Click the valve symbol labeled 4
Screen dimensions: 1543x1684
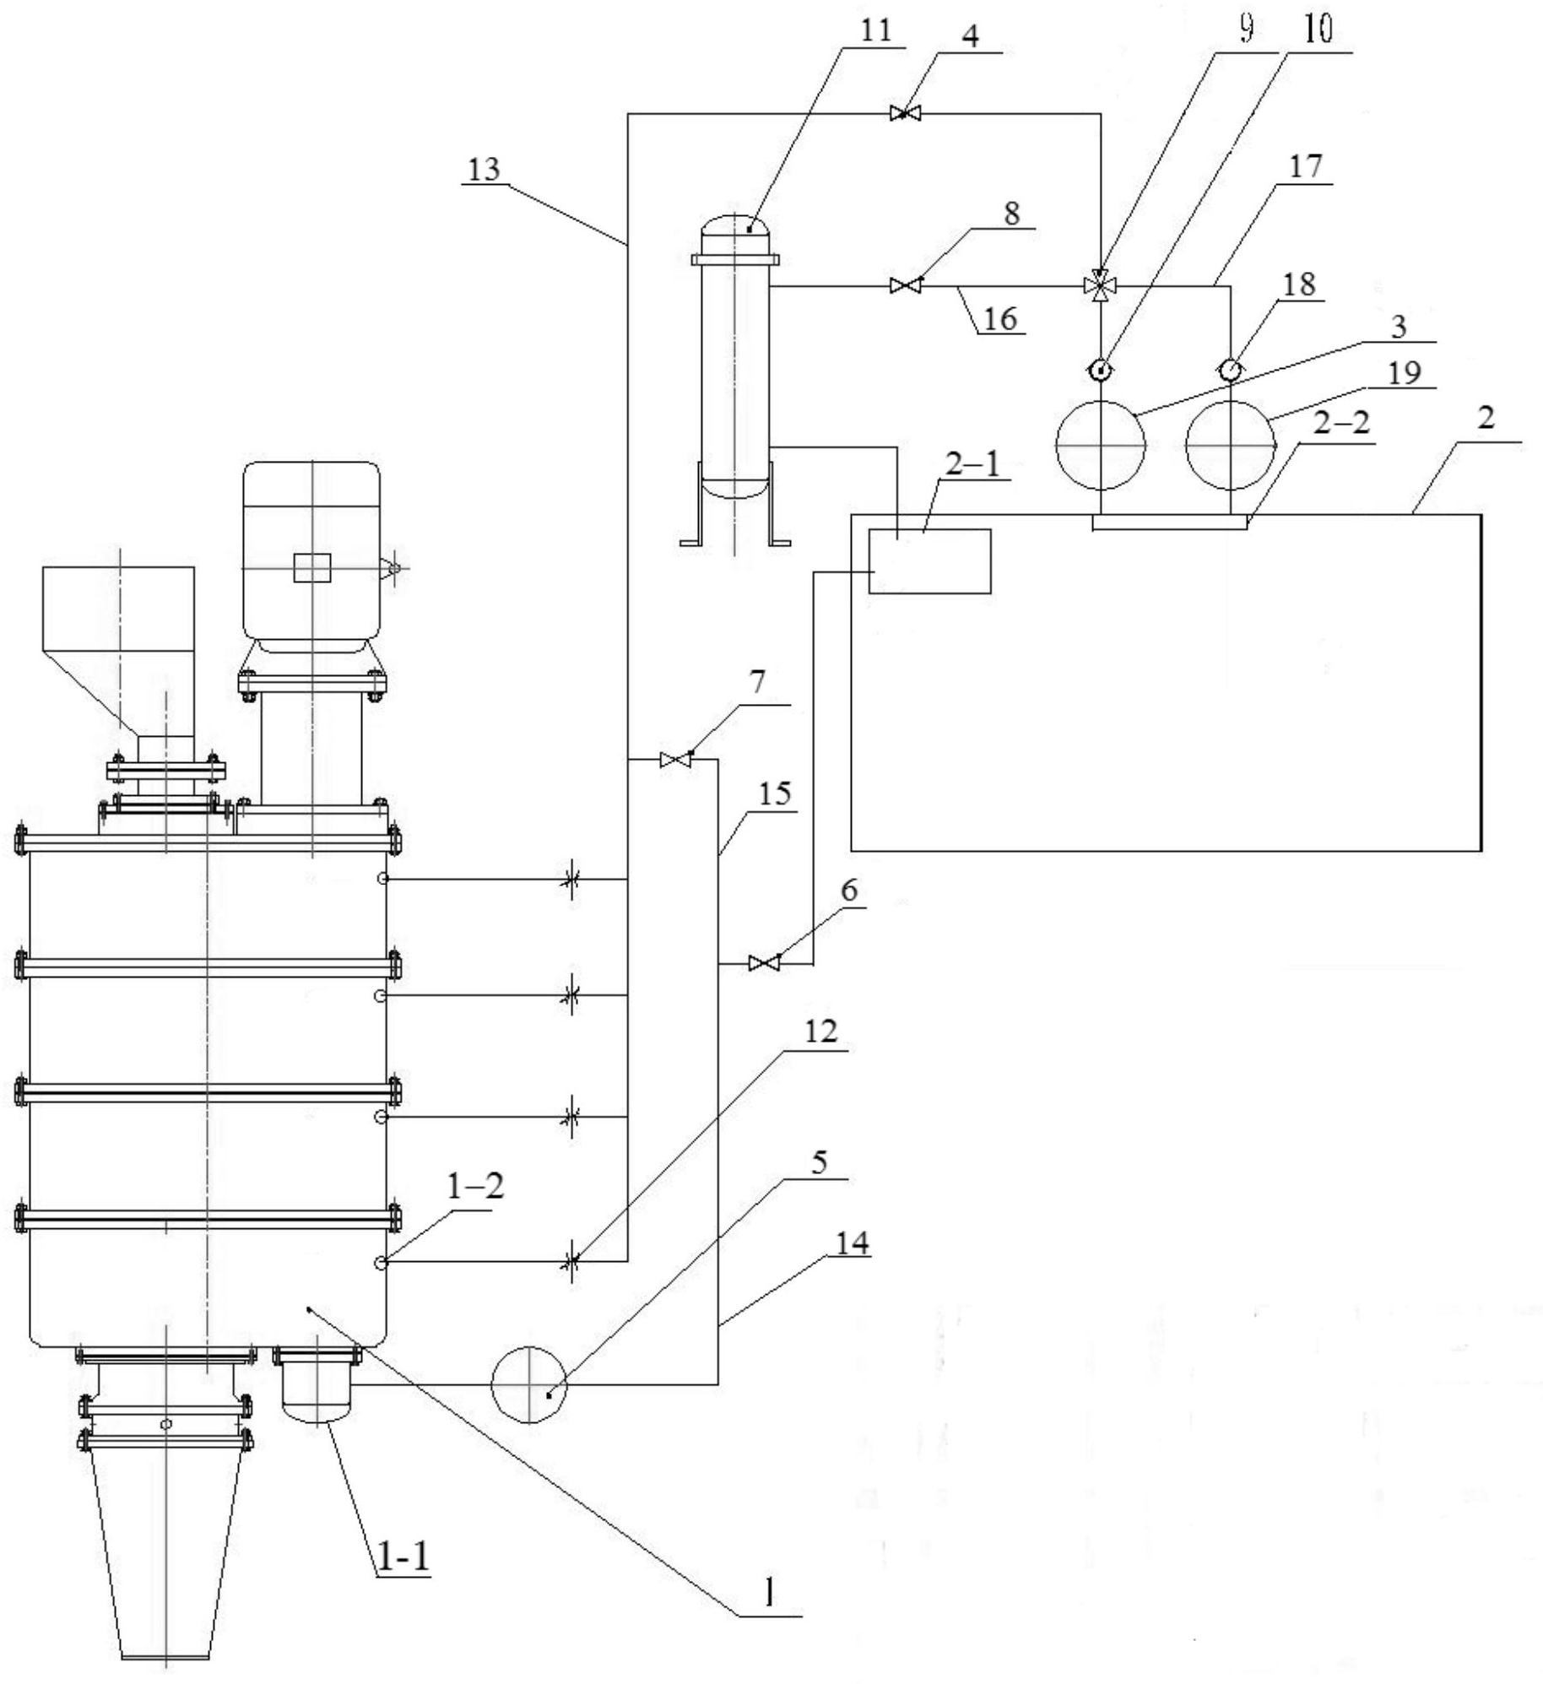[904, 113]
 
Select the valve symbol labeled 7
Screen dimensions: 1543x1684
[675, 760]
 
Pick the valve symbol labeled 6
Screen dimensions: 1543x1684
[764, 962]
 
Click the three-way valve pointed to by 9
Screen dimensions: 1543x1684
[1100, 287]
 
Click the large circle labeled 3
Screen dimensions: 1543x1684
[1101, 445]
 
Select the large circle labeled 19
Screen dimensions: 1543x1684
[1230, 445]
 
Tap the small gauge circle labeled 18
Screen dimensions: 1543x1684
[1230, 370]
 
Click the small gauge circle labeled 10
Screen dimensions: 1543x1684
[1100, 370]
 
